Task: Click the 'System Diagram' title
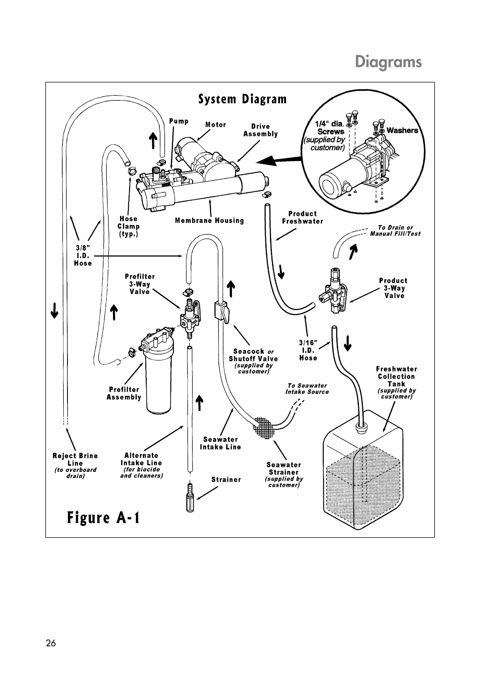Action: [x=242, y=100]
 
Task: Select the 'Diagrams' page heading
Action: [x=388, y=62]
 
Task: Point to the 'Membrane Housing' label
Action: [x=209, y=220]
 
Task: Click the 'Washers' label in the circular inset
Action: [x=402, y=131]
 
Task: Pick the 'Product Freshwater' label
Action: [x=302, y=218]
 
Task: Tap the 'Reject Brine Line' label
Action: [x=75, y=459]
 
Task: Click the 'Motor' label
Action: [x=216, y=124]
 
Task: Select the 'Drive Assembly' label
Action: [x=260, y=130]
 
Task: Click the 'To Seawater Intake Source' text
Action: [x=307, y=389]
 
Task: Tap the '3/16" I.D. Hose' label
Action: [x=308, y=350]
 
